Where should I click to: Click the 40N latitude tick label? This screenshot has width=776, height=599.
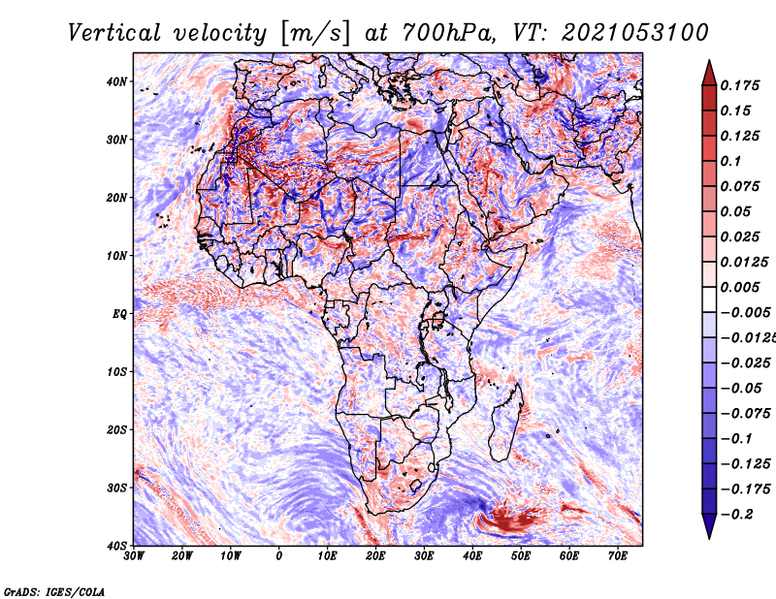pyautogui.click(x=116, y=81)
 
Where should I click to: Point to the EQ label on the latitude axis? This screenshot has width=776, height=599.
pyautogui.click(x=119, y=314)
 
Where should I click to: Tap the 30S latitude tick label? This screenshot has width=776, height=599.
pyautogui.click(x=116, y=488)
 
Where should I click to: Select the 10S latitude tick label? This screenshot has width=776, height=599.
pyautogui.click(x=116, y=372)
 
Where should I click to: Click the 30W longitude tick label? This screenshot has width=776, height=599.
pyautogui.click(x=134, y=556)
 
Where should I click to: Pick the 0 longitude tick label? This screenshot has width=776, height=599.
pyautogui.click(x=279, y=556)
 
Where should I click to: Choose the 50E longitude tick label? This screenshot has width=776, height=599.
pyautogui.click(x=521, y=556)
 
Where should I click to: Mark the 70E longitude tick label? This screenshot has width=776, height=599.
pyautogui.click(x=617, y=556)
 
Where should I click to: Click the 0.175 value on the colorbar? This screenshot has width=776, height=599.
pyautogui.click(x=740, y=86)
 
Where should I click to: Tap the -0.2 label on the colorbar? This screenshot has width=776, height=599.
pyautogui.click(x=737, y=515)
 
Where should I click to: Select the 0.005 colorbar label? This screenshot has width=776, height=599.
pyautogui.click(x=740, y=287)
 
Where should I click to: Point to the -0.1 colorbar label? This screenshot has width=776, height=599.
pyautogui.click(x=737, y=439)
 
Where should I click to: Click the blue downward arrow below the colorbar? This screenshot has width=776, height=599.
pyautogui.click(x=709, y=525)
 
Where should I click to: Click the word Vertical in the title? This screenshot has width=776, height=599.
pyautogui.click(x=114, y=33)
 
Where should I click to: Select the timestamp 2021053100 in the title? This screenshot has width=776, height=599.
pyautogui.click(x=635, y=33)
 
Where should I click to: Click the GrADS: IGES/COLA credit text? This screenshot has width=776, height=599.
pyautogui.click(x=54, y=592)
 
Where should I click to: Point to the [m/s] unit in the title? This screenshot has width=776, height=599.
pyautogui.click(x=315, y=33)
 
